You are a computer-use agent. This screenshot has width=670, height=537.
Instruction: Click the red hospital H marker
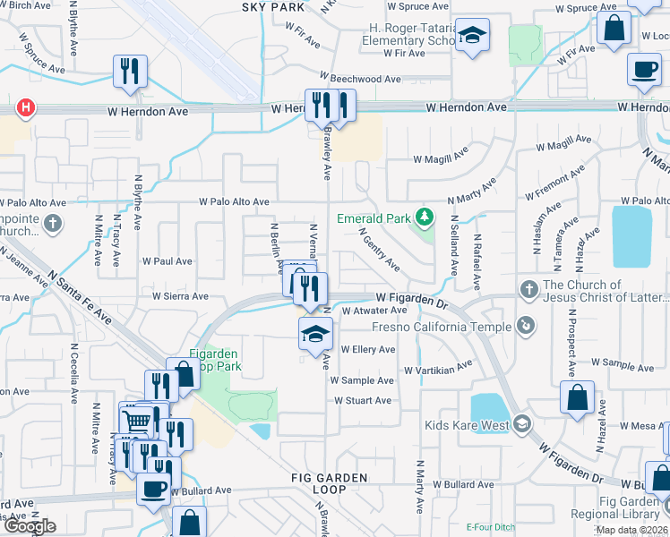click(27, 108)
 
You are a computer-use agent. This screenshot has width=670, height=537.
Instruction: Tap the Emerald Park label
click(374, 218)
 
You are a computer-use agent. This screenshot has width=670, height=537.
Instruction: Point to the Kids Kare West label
click(468, 424)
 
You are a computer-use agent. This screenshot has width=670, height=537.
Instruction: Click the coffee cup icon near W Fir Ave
click(643, 72)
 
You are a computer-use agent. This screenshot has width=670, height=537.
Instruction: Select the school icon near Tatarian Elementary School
click(472, 38)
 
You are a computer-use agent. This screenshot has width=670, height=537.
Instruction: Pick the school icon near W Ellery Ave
click(314, 336)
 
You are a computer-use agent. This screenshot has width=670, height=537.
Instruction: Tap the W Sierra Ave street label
click(180, 295)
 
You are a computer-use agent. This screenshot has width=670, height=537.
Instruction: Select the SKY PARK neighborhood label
click(272, 7)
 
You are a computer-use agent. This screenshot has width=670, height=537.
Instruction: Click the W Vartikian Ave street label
click(437, 368)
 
